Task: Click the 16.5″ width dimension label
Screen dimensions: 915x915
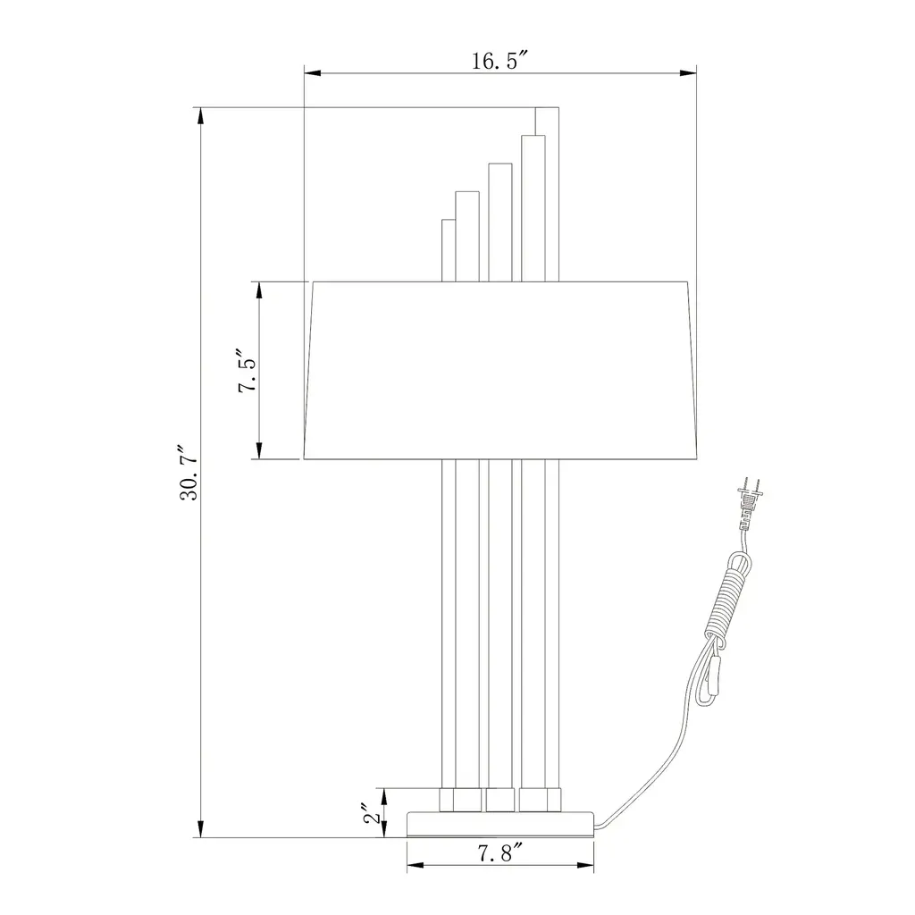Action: click(500, 60)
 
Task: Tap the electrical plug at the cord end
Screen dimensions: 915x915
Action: click(751, 502)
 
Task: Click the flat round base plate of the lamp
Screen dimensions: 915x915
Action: click(500, 825)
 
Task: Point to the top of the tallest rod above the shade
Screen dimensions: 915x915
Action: click(533, 136)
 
